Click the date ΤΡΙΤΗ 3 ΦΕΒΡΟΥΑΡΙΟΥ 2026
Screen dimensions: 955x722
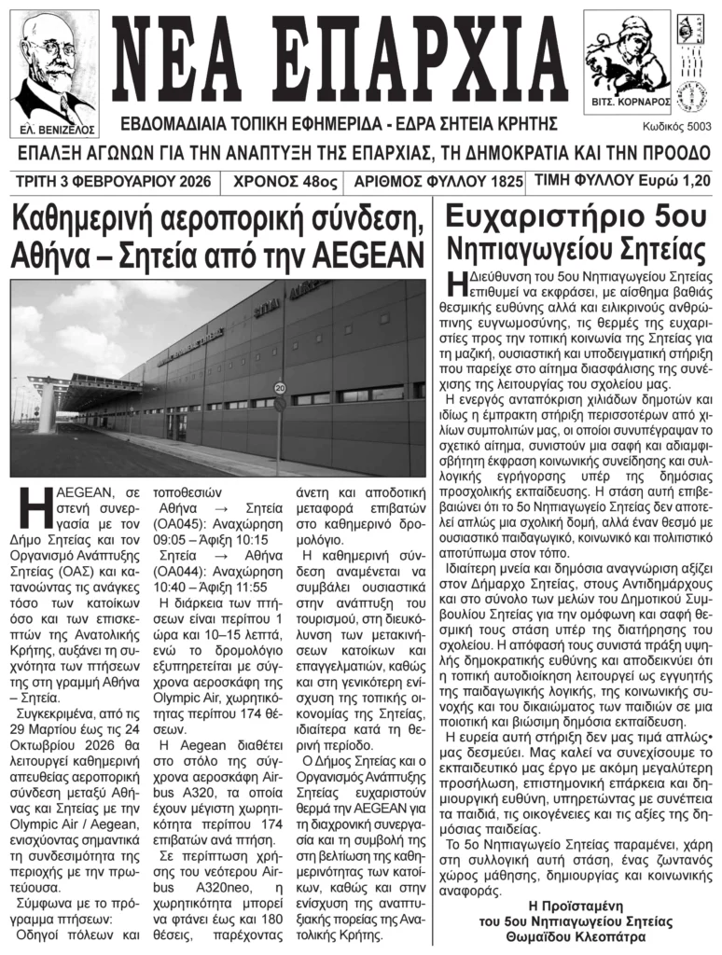[111, 181]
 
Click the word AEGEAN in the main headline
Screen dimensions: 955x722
[370, 253]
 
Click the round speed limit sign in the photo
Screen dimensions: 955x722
[279, 387]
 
